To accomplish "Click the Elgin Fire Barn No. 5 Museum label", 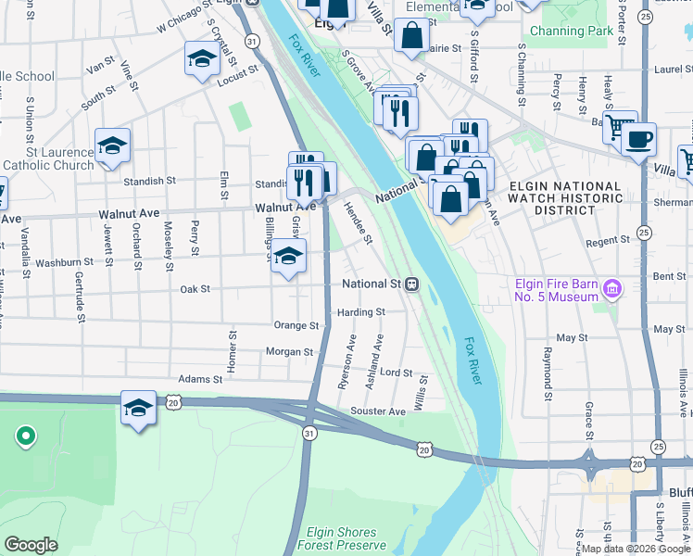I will point(555,290).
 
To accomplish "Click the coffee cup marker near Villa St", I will point(637,141).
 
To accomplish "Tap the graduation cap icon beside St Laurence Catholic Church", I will point(112,146).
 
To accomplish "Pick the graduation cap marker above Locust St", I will point(201,59).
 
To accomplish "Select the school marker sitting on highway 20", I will point(138,408).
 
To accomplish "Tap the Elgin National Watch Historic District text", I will point(565,197).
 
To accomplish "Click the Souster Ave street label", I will point(377,411).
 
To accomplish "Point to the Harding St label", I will point(360,312).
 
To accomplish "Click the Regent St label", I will point(609,240).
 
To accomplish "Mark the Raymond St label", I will point(548,368).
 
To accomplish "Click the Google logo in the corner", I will point(31,545).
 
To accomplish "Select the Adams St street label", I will point(200,379).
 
